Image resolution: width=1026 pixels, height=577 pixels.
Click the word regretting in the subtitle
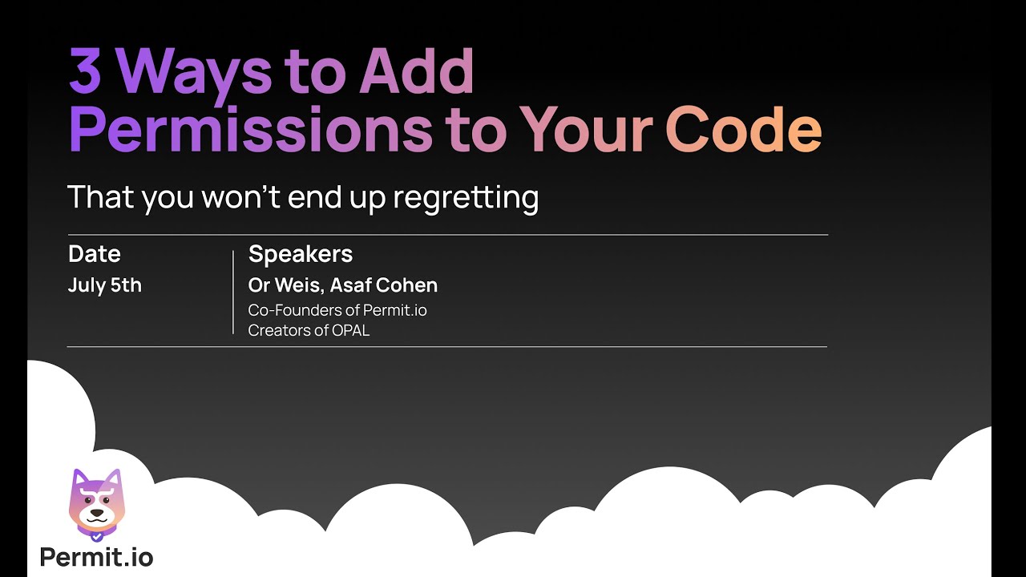(x=465, y=198)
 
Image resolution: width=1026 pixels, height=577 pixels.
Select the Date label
(x=95, y=254)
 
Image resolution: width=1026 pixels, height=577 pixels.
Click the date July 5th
(x=105, y=286)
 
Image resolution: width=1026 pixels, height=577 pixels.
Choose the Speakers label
(x=301, y=254)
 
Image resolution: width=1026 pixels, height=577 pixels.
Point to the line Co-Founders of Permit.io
(x=337, y=310)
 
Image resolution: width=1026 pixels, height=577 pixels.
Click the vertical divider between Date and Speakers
(x=232, y=292)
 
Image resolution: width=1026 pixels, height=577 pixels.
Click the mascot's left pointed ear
(x=78, y=479)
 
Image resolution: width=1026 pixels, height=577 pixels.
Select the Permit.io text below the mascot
(x=96, y=557)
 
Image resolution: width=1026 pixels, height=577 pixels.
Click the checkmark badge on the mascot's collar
(x=96, y=535)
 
